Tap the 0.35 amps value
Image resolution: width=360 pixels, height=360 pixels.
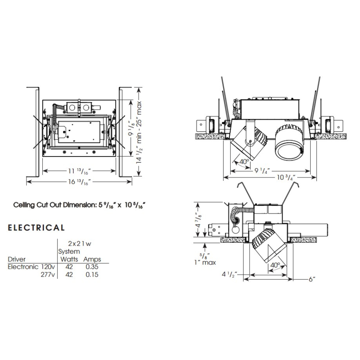point(92,266)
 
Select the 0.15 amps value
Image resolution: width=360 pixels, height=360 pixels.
point(92,275)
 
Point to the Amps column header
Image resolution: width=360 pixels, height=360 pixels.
point(92,259)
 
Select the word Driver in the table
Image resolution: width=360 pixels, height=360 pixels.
point(17,259)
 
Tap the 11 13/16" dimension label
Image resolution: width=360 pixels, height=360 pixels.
point(79,171)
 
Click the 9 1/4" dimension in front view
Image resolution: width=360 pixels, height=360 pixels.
point(262,170)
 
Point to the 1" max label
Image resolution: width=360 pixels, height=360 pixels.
point(206,262)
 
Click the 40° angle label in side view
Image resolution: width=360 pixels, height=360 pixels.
point(275,265)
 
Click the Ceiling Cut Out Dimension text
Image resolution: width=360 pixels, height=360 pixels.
point(82,205)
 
